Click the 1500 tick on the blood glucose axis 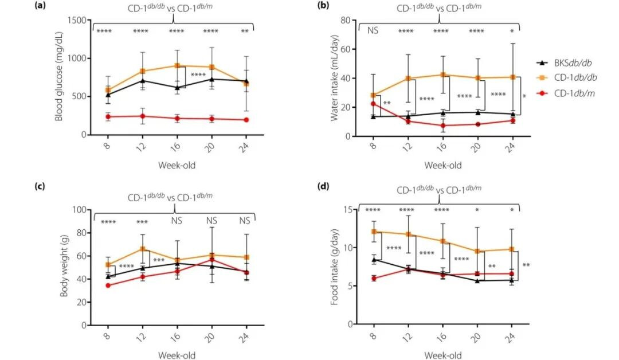78,21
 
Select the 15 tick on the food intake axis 347,210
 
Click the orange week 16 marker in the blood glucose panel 178,66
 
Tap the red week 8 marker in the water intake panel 373,104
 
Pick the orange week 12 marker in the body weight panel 142,249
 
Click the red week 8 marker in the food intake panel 373,279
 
